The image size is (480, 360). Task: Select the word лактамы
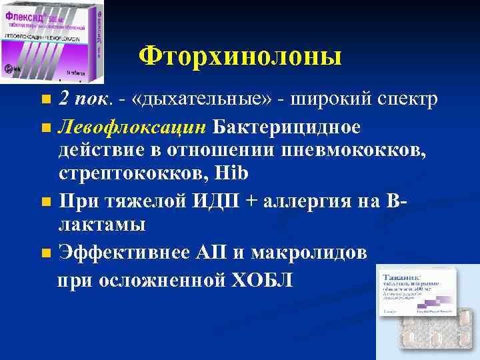[102, 225]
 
